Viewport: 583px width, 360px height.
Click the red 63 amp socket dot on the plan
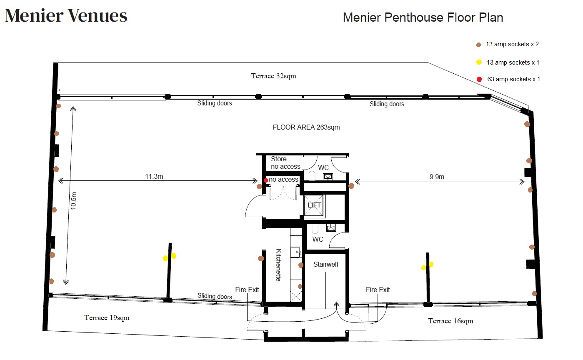click(x=266, y=180)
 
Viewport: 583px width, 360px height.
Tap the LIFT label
click(x=314, y=205)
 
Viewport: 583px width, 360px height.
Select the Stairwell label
click(x=325, y=264)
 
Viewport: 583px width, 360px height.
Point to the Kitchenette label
click(x=278, y=265)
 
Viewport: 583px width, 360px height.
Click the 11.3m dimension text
click(x=154, y=176)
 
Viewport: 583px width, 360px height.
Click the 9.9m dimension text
click(x=437, y=177)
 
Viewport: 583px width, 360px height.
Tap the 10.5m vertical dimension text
click(x=73, y=200)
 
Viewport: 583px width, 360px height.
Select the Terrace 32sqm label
click(x=273, y=76)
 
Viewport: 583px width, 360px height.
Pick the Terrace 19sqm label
click(x=107, y=317)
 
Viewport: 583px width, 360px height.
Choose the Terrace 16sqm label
click(x=451, y=321)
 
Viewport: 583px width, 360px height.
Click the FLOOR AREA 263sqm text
click(x=306, y=127)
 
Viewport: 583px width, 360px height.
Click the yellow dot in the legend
click(x=479, y=62)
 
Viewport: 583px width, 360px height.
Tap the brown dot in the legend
click(x=478, y=45)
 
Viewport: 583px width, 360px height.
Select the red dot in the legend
click(x=479, y=79)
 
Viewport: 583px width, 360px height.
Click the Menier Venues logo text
click(x=66, y=15)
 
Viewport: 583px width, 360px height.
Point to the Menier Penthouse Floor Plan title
click(x=423, y=17)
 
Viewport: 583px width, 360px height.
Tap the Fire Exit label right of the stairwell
click(x=378, y=290)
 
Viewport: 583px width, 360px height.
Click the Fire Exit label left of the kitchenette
click(x=247, y=290)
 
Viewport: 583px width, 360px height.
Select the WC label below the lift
click(x=318, y=239)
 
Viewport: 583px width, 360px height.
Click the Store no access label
click(x=285, y=162)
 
